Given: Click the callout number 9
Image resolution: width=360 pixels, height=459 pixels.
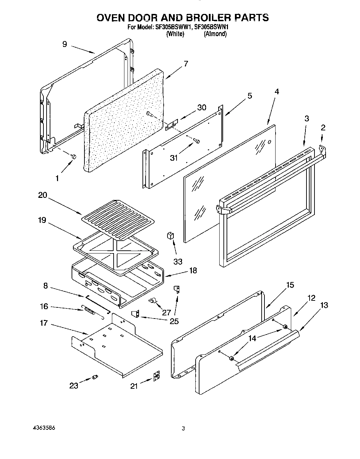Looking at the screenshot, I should click(65, 44).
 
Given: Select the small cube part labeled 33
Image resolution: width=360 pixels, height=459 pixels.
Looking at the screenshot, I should click(170, 236).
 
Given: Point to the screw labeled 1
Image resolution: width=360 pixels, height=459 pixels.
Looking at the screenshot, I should click(74, 157).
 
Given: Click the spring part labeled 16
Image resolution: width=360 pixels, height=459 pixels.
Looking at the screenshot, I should click(90, 311).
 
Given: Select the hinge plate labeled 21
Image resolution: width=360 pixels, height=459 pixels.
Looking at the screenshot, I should click(157, 376).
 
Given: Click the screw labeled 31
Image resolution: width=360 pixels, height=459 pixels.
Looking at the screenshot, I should click(198, 141).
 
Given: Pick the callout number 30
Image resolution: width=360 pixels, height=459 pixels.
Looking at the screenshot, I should click(202, 107).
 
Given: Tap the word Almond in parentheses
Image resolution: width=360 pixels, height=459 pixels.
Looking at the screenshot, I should click(215, 34).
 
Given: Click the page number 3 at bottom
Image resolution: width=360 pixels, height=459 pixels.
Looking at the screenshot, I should click(183, 428).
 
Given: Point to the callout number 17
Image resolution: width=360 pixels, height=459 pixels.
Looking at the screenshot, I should click(43, 323).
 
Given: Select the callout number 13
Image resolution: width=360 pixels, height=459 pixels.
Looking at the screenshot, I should click(324, 305).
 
